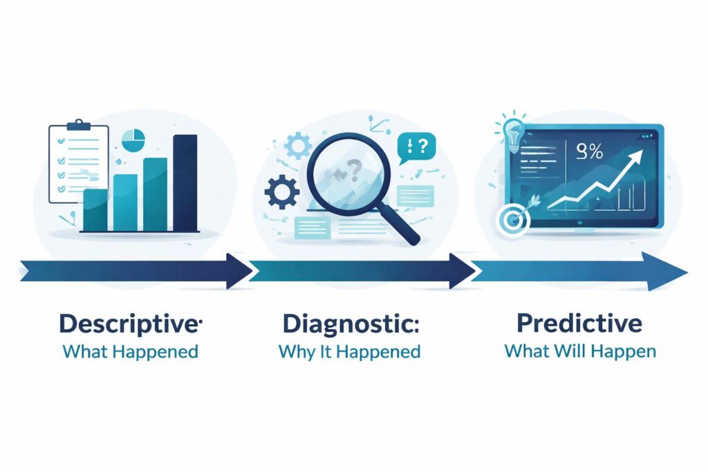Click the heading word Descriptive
(x=129, y=324)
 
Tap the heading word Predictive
(x=579, y=323)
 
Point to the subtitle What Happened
(x=130, y=351)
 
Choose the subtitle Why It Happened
(x=349, y=351)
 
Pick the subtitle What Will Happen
(x=579, y=350)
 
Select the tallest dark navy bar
(x=185, y=182)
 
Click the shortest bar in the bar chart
(x=95, y=209)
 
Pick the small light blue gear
(x=299, y=147)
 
